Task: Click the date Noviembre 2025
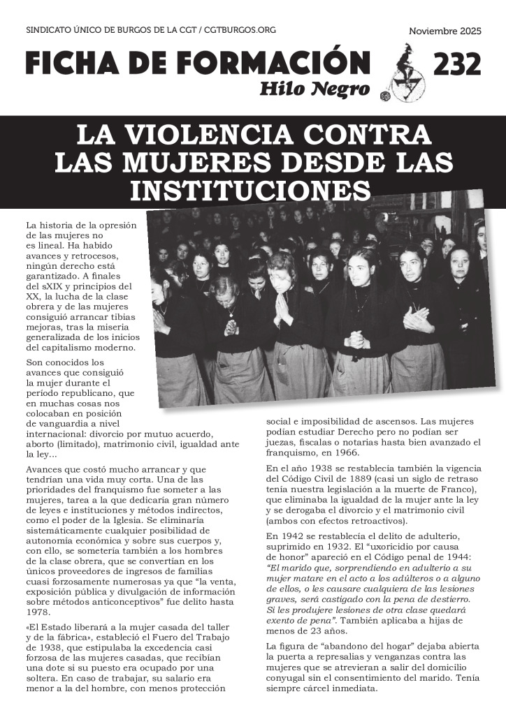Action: (x=443, y=32)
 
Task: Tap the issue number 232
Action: (x=457, y=64)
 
